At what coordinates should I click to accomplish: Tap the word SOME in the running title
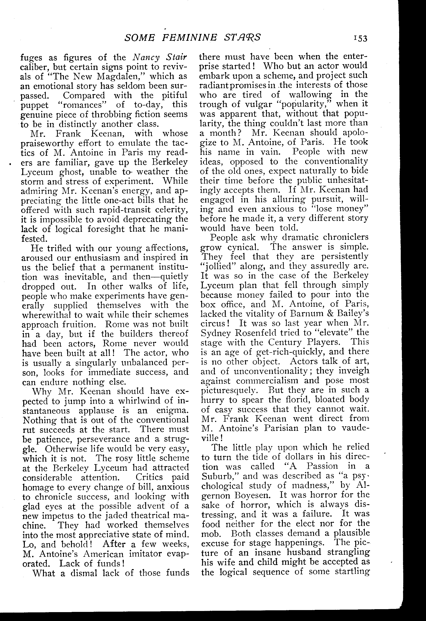pyautogui.click(x=139, y=38)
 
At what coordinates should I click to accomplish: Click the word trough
pyautogui.click(x=213, y=104)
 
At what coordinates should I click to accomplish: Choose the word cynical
pyautogui.click(x=243, y=247)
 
